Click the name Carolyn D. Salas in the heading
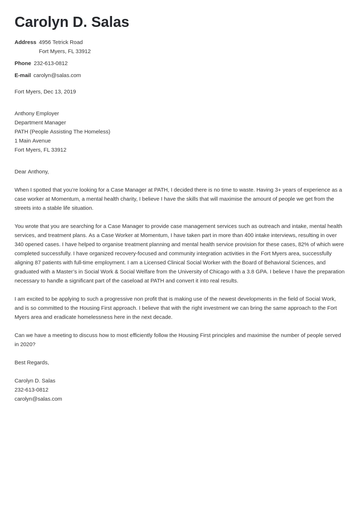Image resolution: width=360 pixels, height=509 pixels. [x=72, y=22]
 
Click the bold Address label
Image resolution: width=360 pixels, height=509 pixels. [x=25, y=42]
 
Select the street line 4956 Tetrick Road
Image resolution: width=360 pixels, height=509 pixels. [x=61, y=42]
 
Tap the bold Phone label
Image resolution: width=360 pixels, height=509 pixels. [x=23, y=63]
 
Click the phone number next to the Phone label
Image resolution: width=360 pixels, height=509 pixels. [x=51, y=63]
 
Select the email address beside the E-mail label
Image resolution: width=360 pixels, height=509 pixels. [x=57, y=75]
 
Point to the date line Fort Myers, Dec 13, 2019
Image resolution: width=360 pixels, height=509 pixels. [x=45, y=92]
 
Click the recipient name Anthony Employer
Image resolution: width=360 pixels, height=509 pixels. [x=37, y=113]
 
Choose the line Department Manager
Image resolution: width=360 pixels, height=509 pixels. [x=40, y=123]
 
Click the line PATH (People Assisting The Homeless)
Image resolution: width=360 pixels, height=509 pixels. [x=62, y=132]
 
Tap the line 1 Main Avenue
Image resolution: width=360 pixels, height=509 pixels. [x=32, y=141]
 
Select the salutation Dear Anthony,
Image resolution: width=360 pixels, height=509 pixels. [x=32, y=172]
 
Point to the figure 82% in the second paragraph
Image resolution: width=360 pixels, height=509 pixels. [x=303, y=244]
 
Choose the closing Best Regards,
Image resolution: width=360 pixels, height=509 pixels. [x=32, y=362]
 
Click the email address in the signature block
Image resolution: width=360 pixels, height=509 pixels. [x=38, y=399]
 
